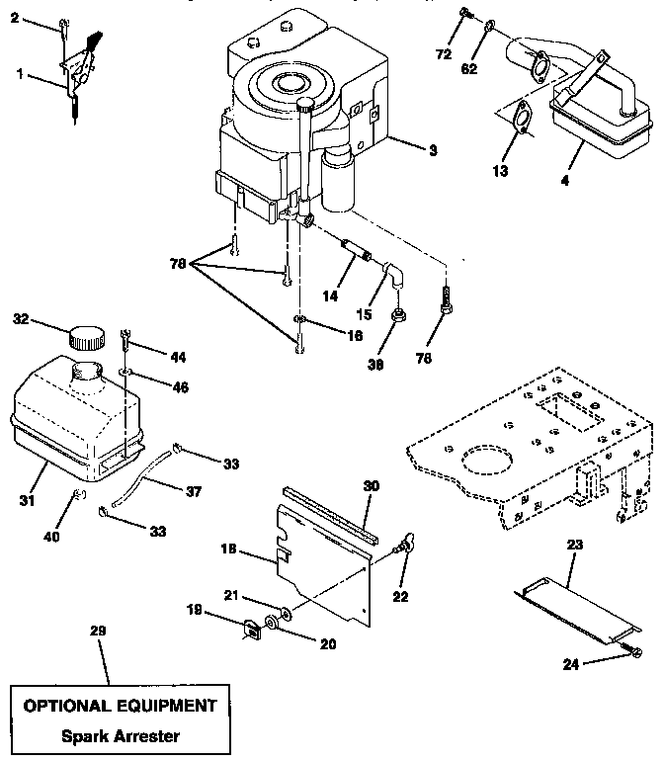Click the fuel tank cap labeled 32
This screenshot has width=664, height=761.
86,338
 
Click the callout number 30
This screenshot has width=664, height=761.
372,485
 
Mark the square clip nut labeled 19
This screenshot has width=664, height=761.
251,626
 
